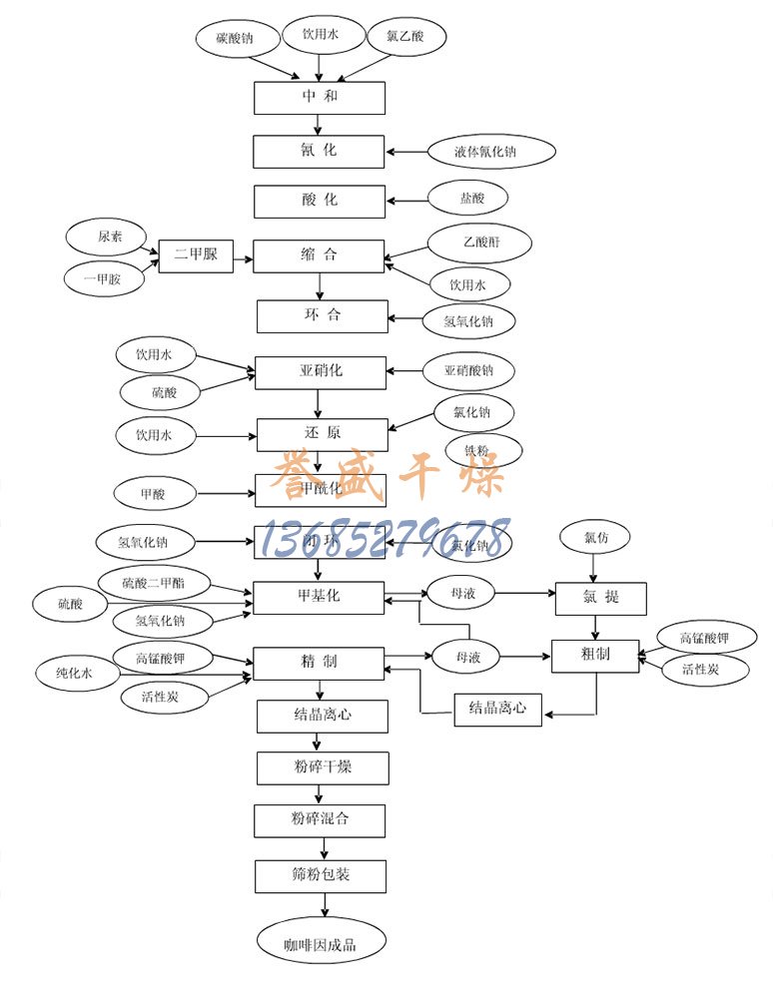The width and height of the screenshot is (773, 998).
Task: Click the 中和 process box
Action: (319, 98)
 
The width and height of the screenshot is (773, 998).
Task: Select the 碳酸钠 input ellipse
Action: (235, 40)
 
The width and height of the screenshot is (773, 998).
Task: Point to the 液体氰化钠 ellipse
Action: (477, 153)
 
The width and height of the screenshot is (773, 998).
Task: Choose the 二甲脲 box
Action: (196, 254)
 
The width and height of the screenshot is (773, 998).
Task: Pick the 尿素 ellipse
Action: (110, 238)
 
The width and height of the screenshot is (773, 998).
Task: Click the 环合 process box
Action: (322, 316)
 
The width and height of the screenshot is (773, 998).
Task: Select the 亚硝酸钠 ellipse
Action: (469, 371)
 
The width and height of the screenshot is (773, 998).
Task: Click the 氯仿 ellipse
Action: (595, 538)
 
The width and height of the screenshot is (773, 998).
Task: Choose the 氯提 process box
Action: (600, 597)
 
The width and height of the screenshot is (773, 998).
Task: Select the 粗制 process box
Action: (594, 656)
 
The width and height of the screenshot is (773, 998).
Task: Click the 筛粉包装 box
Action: (321, 876)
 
